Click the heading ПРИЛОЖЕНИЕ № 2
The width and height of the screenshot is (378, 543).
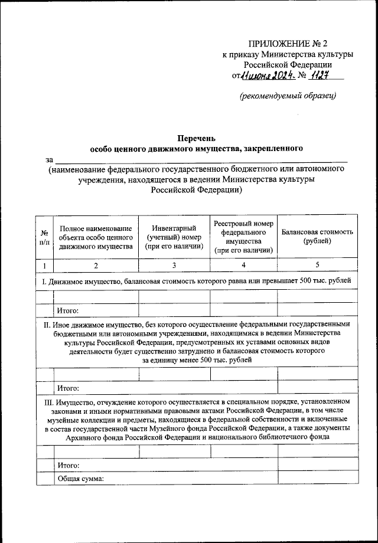(x=287, y=44)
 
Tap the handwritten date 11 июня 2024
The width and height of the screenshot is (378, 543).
(x=264, y=76)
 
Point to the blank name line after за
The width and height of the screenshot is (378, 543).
(x=201, y=160)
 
